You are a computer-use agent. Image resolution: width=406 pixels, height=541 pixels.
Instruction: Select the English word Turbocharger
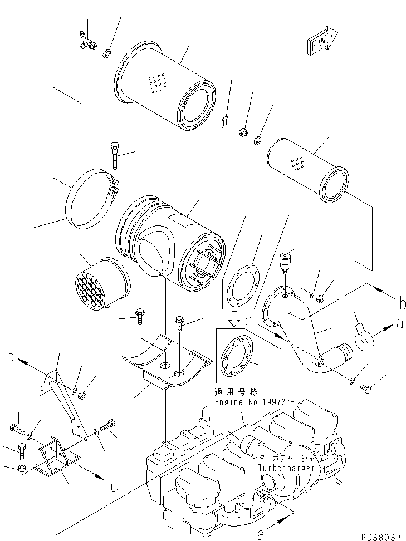[x=289, y=469]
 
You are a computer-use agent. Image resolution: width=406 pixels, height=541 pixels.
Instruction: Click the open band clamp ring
[x=92, y=200]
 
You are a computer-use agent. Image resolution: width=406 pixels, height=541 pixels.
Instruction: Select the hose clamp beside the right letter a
[x=362, y=338]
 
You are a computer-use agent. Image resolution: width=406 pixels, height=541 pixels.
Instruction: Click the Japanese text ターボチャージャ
[x=288, y=458]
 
